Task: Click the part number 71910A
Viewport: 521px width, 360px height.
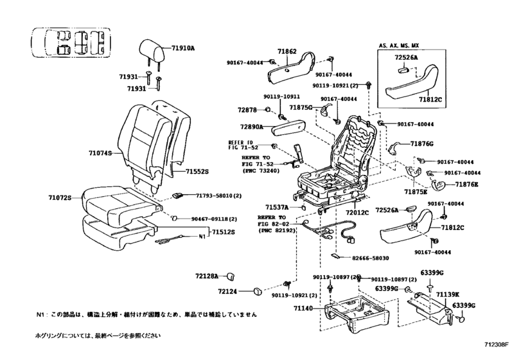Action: [x=183, y=48]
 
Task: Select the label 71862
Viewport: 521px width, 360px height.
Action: [x=289, y=50]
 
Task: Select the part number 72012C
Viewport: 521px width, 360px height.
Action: [x=358, y=212]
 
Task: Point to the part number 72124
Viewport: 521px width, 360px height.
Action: [x=228, y=291]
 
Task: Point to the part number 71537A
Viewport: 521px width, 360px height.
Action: [x=278, y=207]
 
